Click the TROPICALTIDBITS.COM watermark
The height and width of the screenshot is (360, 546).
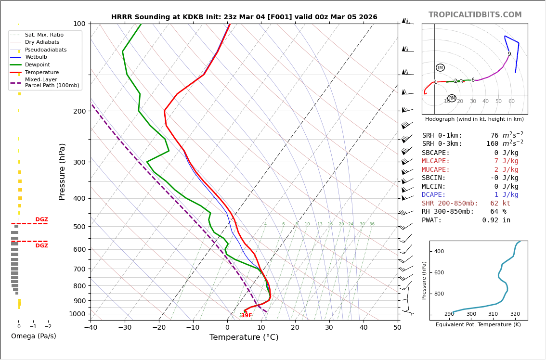475,15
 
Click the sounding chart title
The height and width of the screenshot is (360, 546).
244,17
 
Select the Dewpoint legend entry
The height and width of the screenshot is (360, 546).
37,64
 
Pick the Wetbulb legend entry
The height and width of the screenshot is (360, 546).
36,57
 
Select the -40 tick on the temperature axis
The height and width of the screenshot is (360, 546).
91,327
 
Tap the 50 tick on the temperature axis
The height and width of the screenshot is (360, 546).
397,327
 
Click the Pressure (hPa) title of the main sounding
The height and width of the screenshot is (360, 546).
62,171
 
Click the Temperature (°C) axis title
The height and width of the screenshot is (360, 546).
244,337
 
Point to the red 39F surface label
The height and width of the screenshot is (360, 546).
246,316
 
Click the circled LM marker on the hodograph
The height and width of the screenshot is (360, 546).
440,68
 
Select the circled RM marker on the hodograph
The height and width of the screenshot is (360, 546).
452,98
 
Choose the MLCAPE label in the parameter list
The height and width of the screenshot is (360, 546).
436,161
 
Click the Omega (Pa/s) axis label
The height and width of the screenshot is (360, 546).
34,336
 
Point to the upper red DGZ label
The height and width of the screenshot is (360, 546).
42,219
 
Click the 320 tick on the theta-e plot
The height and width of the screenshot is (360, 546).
515,314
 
